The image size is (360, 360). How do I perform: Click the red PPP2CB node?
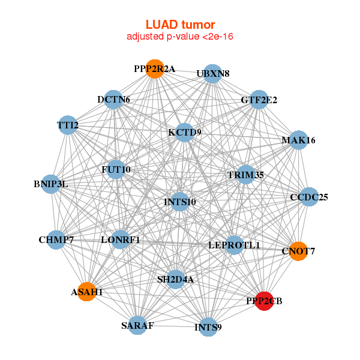click(265, 300)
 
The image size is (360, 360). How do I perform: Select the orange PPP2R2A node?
click(155, 69)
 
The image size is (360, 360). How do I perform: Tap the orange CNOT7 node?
click(298, 251)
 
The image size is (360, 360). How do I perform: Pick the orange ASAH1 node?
click(87, 292)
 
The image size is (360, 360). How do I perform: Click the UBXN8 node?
click(212, 74)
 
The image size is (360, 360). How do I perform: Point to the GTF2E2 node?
click(259, 100)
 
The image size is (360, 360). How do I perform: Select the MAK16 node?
click(298, 140)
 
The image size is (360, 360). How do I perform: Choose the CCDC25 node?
click(308, 197)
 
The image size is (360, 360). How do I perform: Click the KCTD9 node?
click(185, 131)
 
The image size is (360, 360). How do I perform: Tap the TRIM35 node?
click(246, 175)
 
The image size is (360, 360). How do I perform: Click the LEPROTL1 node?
click(234, 245)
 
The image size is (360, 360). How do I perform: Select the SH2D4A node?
click(175, 279)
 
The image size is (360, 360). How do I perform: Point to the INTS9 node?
click(208, 327)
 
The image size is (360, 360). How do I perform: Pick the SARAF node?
click(137, 325)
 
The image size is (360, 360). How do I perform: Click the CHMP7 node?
click(56, 240)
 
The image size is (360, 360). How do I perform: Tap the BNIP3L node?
click(51, 184)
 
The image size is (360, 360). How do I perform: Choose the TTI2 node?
click(68, 125)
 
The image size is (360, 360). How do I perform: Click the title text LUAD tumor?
click(180, 25)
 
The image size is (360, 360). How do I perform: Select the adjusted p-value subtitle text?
click(180, 37)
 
